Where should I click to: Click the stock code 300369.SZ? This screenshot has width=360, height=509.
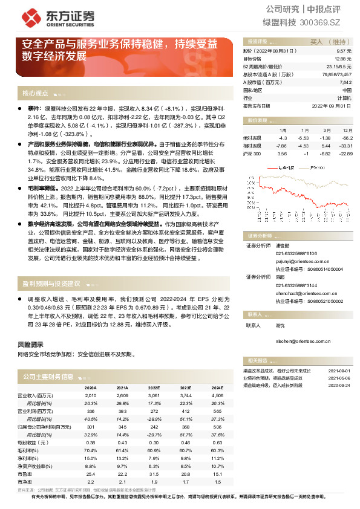(326, 22)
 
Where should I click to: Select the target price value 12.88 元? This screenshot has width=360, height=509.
(343, 59)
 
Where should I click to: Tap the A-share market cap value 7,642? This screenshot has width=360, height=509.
(345, 82)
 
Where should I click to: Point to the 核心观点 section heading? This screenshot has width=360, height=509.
(35, 94)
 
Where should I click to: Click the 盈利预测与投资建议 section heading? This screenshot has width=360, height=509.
(51, 283)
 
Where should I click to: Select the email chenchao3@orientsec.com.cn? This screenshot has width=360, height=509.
(306, 293)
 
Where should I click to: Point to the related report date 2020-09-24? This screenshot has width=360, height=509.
(339, 384)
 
